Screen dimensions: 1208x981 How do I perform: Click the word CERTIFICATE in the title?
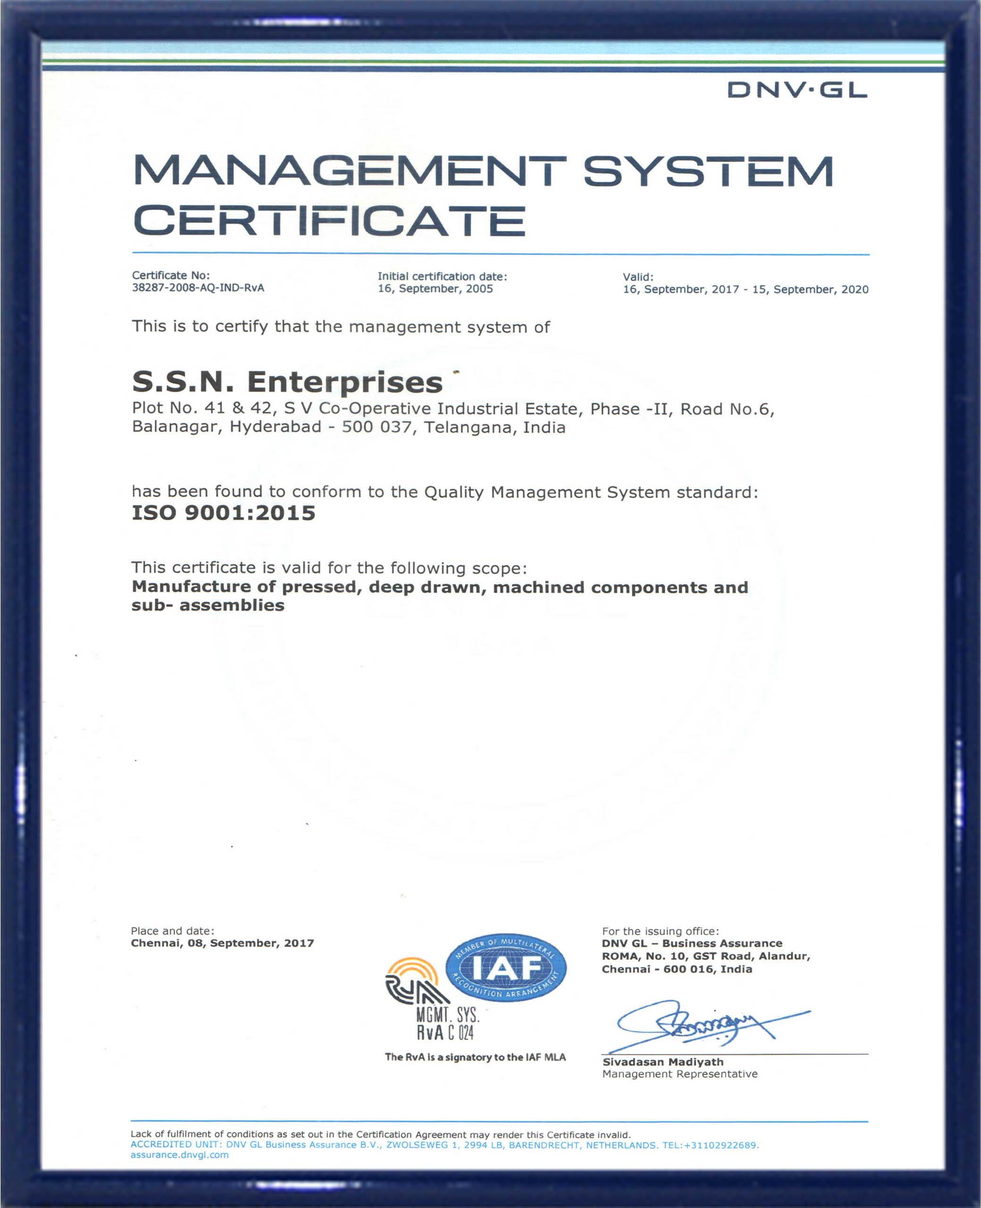(329, 221)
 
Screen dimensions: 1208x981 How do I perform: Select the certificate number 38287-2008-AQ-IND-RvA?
(198, 288)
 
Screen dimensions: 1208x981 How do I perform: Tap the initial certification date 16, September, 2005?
(435, 289)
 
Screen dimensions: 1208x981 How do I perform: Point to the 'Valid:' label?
(638, 277)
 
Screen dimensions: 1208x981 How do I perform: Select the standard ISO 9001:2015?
(223, 513)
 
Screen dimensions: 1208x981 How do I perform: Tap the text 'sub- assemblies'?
(208, 605)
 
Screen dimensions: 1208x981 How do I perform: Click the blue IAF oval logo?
(506, 968)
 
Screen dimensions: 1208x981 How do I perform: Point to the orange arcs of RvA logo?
(412, 970)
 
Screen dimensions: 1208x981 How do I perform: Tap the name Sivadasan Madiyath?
(662, 1062)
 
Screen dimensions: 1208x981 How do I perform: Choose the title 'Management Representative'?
(679, 1074)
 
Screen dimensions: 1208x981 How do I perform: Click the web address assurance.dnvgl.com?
(180, 1155)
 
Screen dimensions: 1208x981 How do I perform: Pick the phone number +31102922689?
(720, 1145)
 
